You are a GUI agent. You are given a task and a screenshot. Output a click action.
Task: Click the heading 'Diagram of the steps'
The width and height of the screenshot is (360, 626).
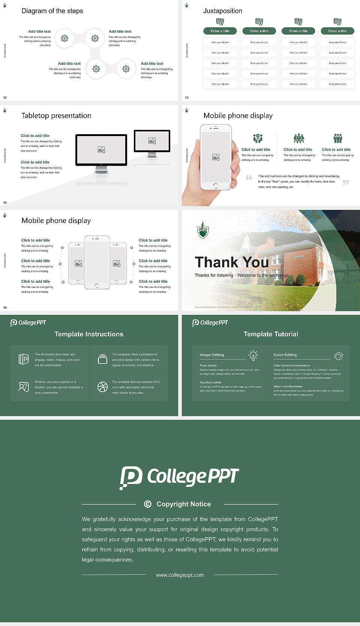pos(52,11)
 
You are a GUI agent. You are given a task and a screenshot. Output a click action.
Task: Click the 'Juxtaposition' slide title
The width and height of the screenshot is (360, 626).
pos(222,11)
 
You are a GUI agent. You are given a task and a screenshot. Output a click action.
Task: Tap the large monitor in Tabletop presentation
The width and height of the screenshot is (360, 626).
pos(101,150)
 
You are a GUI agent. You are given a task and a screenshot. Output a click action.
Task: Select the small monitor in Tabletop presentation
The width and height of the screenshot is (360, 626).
pos(152,141)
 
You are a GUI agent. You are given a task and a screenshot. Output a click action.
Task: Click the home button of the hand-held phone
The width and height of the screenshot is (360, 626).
pos(215,186)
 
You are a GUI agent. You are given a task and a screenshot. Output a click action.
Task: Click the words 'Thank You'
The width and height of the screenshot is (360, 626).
pos(231,262)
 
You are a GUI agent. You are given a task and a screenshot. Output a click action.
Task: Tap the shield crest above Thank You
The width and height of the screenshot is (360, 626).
pos(203,230)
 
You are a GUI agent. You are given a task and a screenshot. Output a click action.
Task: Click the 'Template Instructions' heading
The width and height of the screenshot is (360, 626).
pos(89,334)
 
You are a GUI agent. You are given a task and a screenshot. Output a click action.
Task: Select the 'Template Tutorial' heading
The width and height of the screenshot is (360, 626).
pos(271,334)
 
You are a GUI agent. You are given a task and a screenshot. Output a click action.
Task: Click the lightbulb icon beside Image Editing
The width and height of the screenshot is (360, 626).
pos(253,355)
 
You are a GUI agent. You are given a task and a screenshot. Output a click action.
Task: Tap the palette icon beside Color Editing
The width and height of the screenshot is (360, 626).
pos(339,356)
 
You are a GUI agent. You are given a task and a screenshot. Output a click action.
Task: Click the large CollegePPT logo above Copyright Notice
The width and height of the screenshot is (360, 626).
pos(179,478)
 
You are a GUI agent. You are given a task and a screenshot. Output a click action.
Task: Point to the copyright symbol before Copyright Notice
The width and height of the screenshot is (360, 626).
pos(148,504)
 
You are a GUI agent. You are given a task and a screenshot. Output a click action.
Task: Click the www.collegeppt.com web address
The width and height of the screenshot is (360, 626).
pos(180,575)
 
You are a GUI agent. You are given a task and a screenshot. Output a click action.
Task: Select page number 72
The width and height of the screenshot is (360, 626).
pos(5,98)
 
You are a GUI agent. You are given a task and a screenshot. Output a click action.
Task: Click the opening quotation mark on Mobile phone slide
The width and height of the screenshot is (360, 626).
pos(249,178)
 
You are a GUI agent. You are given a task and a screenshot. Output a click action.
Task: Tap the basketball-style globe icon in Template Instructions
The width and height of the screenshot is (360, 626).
pos(102,387)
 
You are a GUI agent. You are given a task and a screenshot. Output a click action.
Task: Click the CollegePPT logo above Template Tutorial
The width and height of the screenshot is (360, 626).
pos(210,323)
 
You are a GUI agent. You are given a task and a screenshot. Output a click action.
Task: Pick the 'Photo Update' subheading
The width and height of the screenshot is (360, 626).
pos(208,365)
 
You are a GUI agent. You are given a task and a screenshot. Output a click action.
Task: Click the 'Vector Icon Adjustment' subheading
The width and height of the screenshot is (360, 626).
pos(288,386)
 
